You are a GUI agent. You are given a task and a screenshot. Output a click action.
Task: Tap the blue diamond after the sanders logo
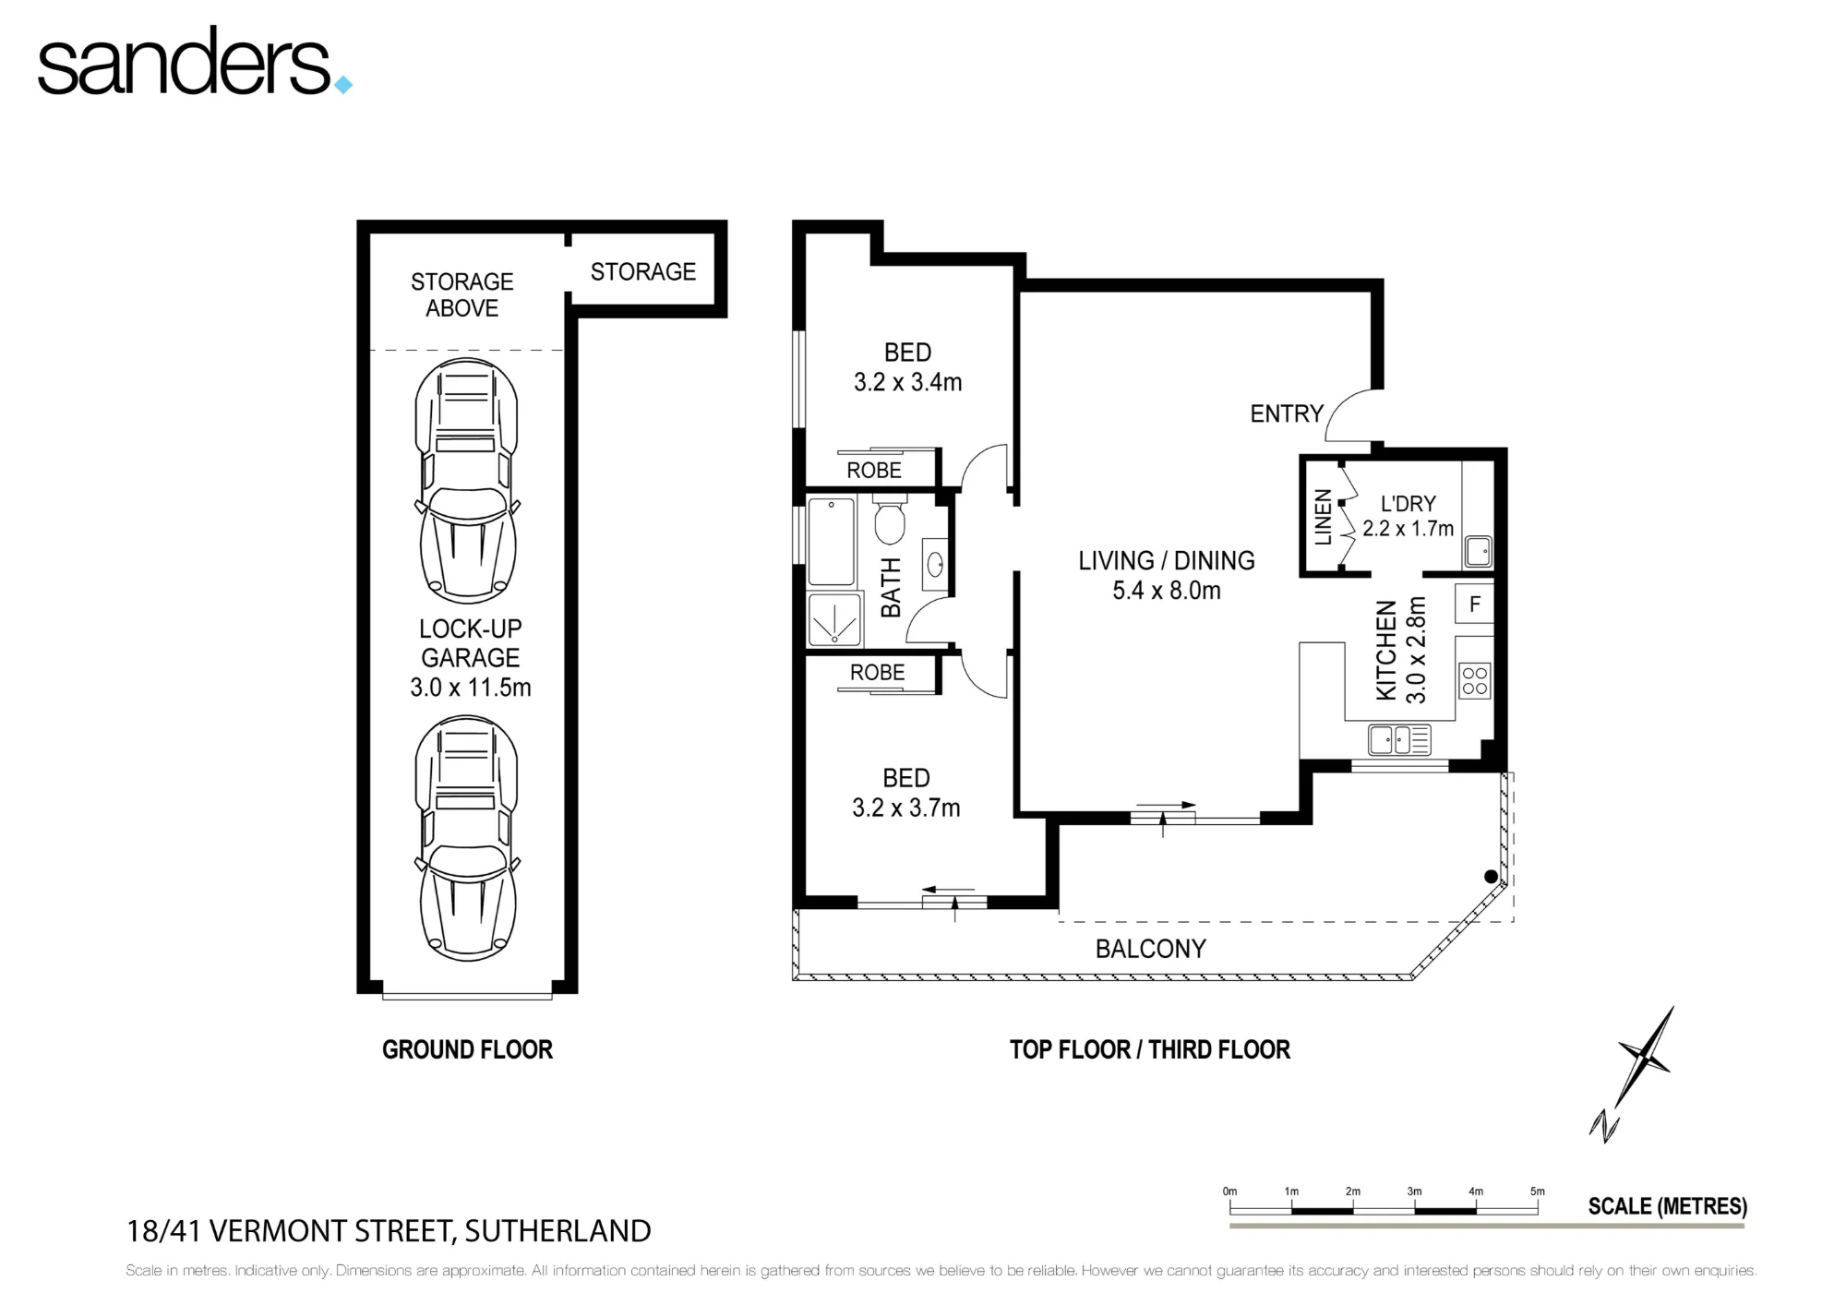click(342, 85)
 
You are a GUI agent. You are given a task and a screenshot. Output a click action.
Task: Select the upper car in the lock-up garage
click(467, 481)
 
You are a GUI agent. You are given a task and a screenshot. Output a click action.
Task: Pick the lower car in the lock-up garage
click(467, 838)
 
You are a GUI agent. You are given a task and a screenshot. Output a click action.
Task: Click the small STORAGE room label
click(643, 271)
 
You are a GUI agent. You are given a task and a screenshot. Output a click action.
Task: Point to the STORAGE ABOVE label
click(461, 294)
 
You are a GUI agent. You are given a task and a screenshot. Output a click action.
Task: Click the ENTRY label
click(1287, 413)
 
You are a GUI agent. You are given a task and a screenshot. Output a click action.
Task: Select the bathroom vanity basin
click(934, 563)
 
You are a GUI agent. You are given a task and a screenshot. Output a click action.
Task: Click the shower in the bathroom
click(835, 618)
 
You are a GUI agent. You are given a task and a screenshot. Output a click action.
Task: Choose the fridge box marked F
click(1474, 605)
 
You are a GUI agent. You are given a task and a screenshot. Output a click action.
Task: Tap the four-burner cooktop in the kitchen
click(1475, 681)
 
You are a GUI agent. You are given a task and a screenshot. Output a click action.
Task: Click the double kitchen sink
click(1400, 739)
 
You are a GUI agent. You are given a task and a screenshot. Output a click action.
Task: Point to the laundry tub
click(1478, 551)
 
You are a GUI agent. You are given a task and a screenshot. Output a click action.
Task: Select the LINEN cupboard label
click(1323, 517)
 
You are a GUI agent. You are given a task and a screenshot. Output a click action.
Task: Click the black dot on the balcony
click(1491, 877)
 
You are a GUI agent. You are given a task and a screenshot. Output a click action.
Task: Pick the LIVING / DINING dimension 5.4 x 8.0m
click(1167, 591)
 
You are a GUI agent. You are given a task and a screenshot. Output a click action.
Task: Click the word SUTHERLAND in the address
click(557, 1231)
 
